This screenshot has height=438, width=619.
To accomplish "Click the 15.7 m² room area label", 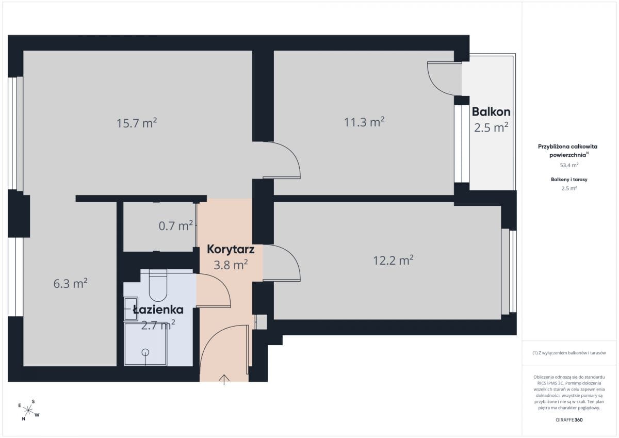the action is click(137, 123).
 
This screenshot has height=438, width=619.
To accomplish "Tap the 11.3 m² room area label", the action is click(364, 122).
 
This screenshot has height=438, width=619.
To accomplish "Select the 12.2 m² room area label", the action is click(393, 260).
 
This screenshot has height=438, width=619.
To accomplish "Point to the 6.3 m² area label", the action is click(70, 284).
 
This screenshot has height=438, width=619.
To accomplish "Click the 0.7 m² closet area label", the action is click(175, 226).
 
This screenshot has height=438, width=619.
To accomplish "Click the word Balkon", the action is click(491, 111).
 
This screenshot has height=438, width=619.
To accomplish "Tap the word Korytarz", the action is click(231, 249).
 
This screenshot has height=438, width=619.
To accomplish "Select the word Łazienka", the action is click(158, 310).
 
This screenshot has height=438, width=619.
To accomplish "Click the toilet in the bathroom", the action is click(158, 285).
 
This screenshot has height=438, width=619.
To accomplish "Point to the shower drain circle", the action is click(145, 352).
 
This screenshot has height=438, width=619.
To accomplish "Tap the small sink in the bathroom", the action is click(131, 309).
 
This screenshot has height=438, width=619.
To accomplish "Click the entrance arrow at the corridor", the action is click(224, 380).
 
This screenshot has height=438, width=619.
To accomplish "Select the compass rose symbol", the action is click(28, 410).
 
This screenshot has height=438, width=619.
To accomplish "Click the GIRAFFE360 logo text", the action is click(569, 420).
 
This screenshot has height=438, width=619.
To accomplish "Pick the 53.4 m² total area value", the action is click(569, 165).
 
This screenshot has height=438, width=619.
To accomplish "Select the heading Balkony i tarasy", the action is click(569, 180).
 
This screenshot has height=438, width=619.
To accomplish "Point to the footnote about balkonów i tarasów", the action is click(569, 353).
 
